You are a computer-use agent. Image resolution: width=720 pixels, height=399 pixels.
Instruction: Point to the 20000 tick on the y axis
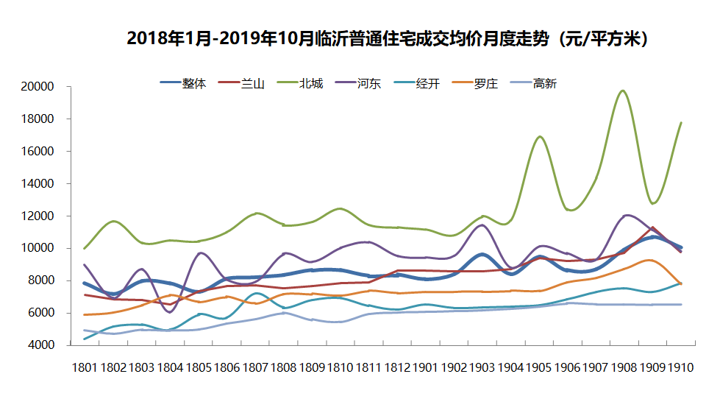(38, 87)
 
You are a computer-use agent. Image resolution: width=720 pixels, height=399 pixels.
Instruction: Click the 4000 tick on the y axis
(40, 345)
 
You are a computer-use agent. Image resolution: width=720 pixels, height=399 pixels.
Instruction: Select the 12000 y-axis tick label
(38, 216)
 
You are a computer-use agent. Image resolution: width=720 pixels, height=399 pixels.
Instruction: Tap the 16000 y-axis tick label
(38, 152)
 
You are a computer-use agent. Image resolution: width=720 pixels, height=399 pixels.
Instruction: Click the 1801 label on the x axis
(85, 368)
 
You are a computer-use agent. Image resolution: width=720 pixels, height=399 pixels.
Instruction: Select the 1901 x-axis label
(424, 368)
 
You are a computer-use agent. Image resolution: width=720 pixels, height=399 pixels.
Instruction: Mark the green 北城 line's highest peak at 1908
(624, 91)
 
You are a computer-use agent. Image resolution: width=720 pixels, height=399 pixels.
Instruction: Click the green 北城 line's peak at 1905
(540, 136)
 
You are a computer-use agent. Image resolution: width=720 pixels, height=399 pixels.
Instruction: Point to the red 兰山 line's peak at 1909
(652, 227)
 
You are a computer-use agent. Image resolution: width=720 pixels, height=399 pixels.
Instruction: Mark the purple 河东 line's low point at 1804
(171, 312)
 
